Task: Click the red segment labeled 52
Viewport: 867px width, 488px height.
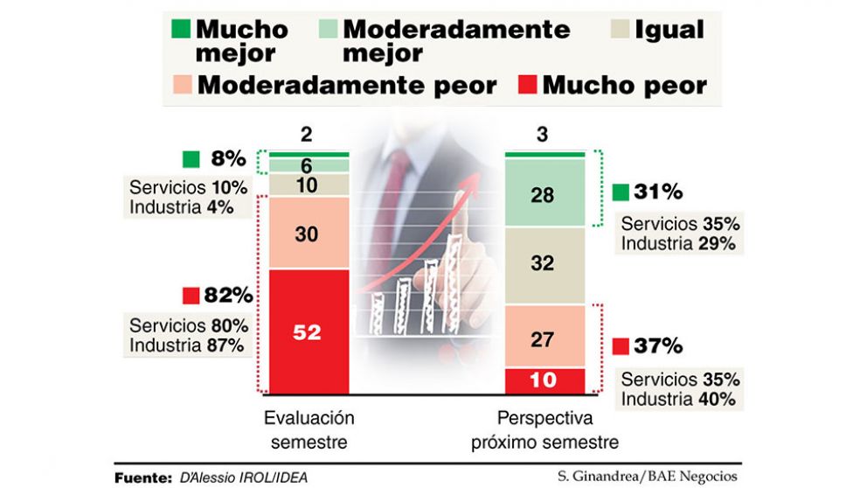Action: click(309, 331)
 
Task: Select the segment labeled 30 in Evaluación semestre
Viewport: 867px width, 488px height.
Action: click(309, 234)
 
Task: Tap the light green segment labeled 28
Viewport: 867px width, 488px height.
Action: click(542, 194)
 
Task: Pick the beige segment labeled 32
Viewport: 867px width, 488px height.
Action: click(542, 263)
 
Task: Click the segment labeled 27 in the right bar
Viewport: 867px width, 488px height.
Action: click(542, 338)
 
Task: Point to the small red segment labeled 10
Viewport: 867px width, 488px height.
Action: click(542, 380)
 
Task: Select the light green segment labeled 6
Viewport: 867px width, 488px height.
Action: click(309, 165)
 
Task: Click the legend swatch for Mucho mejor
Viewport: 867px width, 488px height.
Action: click(181, 29)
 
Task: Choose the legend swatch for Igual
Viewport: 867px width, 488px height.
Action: click(618, 30)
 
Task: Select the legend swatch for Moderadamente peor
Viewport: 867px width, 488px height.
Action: click(181, 86)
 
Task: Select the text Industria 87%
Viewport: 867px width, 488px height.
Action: click(186, 345)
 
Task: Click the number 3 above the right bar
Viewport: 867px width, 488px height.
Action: click(542, 136)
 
